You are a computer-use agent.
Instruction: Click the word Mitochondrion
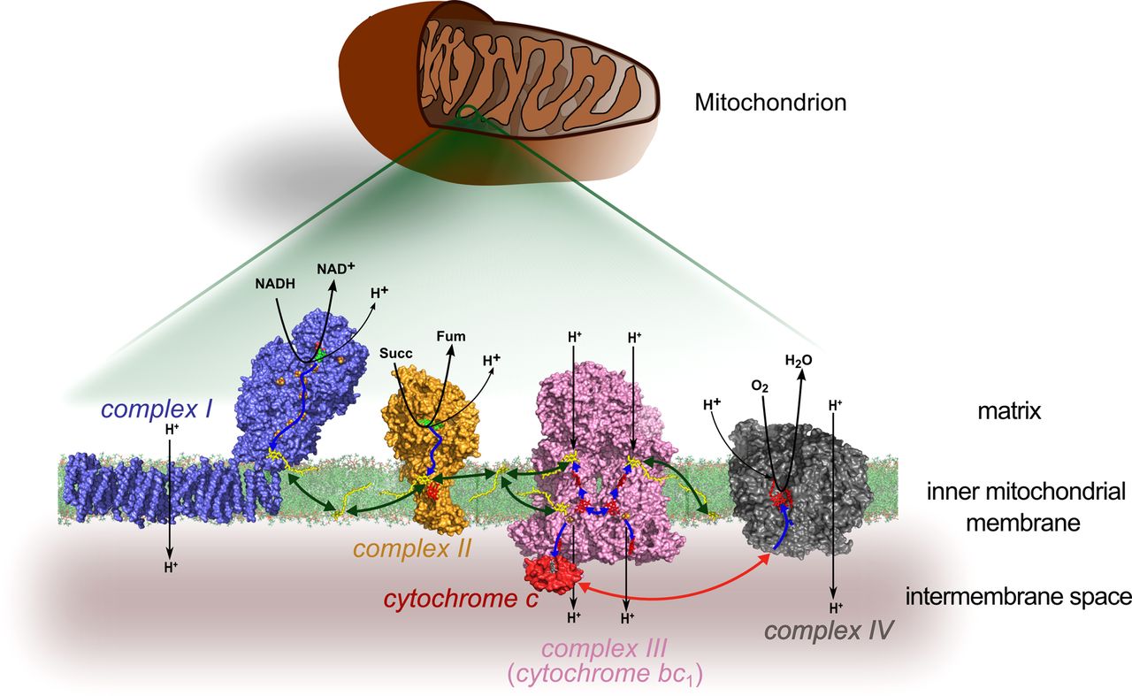pos(770,103)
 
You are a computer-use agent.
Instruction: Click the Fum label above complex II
pos(451,336)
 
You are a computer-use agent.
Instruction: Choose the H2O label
pos(799,361)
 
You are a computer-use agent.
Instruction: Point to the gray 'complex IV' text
pos(830,631)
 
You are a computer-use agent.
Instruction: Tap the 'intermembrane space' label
pos(1018,597)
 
